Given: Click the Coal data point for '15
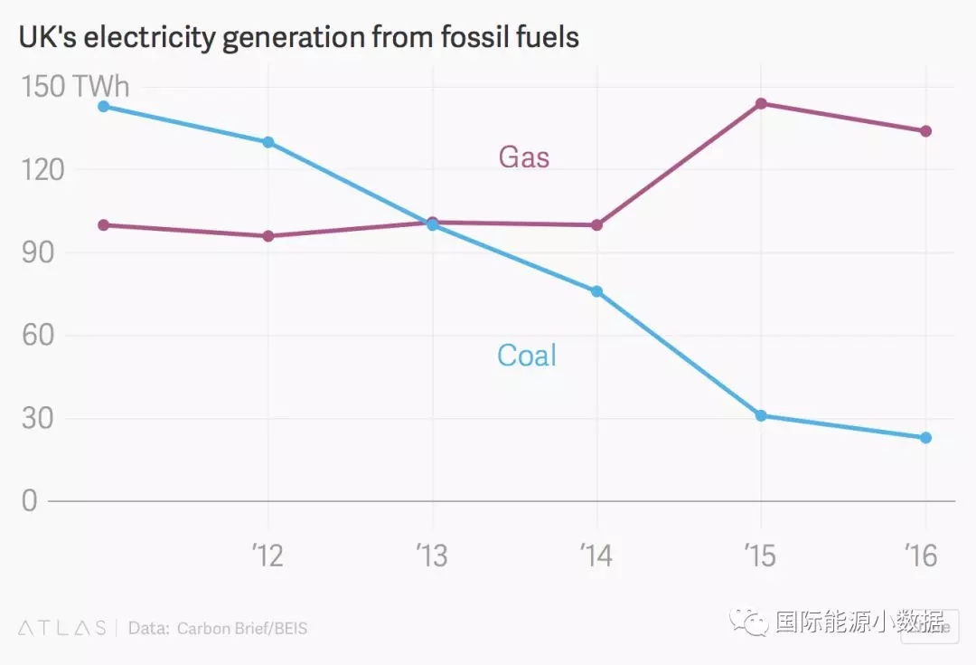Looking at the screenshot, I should pyautogui.click(x=761, y=415).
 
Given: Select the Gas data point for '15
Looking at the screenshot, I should pyautogui.click(x=761, y=103).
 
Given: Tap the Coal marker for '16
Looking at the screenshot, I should pyautogui.click(x=926, y=438).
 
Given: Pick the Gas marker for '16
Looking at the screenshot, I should pyautogui.click(x=926, y=131).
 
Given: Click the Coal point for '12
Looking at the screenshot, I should pyautogui.click(x=268, y=142).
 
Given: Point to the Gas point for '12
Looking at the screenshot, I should pyautogui.click(x=268, y=236).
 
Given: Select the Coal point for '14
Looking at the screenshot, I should pyautogui.click(x=596, y=291).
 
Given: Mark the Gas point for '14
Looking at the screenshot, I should pyautogui.click(x=596, y=224).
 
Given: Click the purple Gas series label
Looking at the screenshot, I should pyautogui.click(x=524, y=157).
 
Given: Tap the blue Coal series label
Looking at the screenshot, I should pyautogui.click(x=527, y=355).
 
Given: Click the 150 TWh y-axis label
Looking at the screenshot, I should pyautogui.click(x=75, y=87).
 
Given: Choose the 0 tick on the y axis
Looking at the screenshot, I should pyautogui.click(x=30, y=501).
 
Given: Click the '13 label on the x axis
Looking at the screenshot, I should pyautogui.click(x=432, y=555).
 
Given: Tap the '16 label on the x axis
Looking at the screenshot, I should pyautogui.click(x=920, y=555).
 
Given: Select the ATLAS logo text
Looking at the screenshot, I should pyautogui.click(x=61, y=628).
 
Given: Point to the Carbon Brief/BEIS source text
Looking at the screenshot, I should pyautogui.click(x=242, y=628).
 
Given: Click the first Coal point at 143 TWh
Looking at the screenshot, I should pyautogui.click(x=103, y=106).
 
